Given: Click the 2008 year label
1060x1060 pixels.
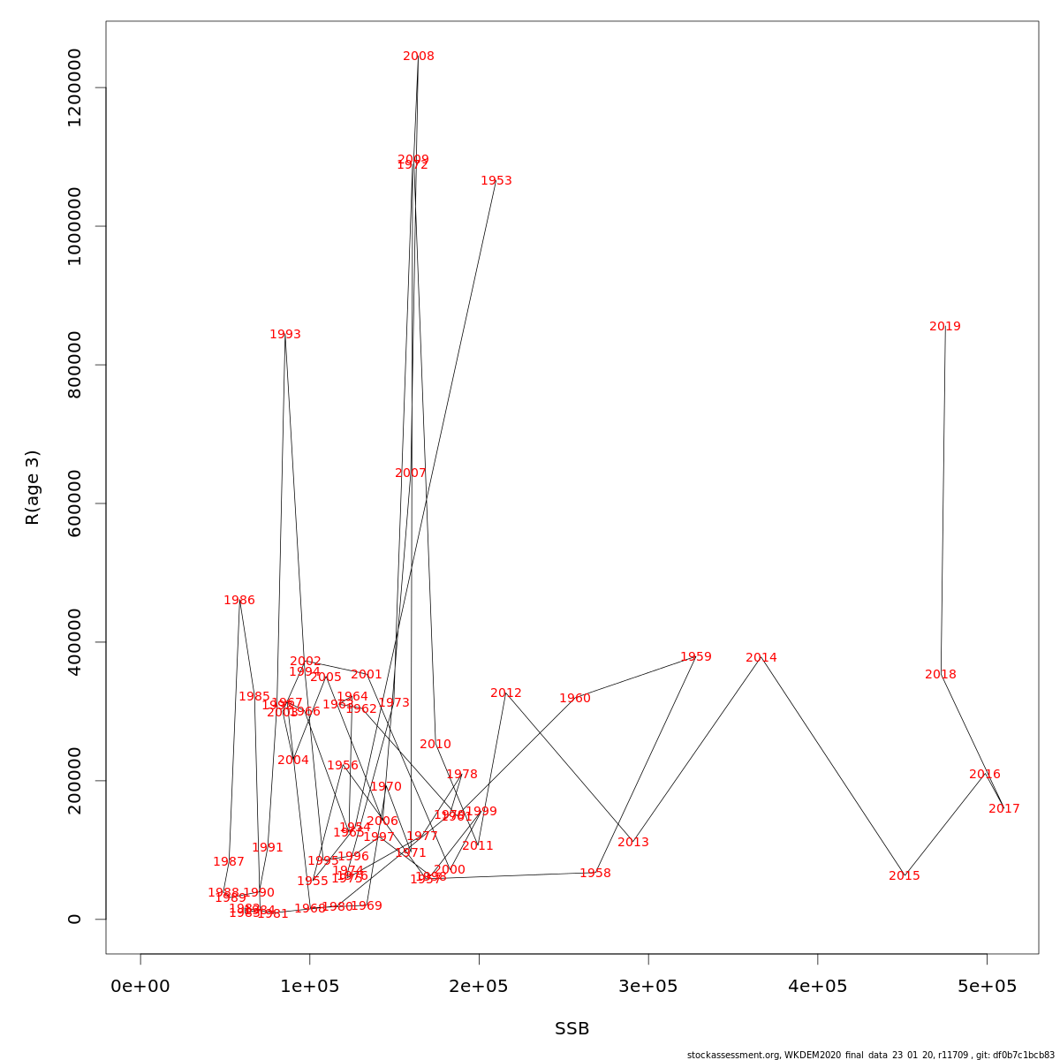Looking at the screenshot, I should (x=419, y=57).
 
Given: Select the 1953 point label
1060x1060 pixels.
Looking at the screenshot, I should (x=496, y=181).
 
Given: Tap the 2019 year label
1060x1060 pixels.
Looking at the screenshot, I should (x=945, y=327).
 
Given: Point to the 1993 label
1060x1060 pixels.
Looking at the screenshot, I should (x=285, y=335).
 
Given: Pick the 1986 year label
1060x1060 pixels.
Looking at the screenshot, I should (x=239, y=601).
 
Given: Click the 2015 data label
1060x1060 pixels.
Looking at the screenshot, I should (x=905, y=876).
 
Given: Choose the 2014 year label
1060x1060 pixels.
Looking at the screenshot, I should (x=761, y=658).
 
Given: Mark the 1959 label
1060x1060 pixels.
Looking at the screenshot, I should (x=696, y=657).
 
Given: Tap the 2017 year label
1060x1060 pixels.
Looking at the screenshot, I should (x=1004, y=809).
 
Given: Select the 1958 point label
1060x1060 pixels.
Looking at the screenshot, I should (x=595, y=874).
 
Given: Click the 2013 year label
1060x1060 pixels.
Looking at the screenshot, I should (x=633, y=843).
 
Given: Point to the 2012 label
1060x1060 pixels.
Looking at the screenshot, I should (x=506, y=693).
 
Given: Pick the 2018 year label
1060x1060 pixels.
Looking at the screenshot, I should (x=941, y=675).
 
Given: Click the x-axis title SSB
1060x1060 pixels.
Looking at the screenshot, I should (x=572, y=1029).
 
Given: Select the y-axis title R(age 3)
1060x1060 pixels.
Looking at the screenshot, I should (x=33, y=488).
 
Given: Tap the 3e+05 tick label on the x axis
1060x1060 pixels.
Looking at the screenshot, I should (x=648, y=987).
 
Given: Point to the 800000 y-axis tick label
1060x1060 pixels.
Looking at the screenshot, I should (x=74, y=365).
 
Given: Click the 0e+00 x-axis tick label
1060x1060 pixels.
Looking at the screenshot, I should (x=140, y=987).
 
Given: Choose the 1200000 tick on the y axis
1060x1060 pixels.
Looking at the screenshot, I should (x=74, y=88).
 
